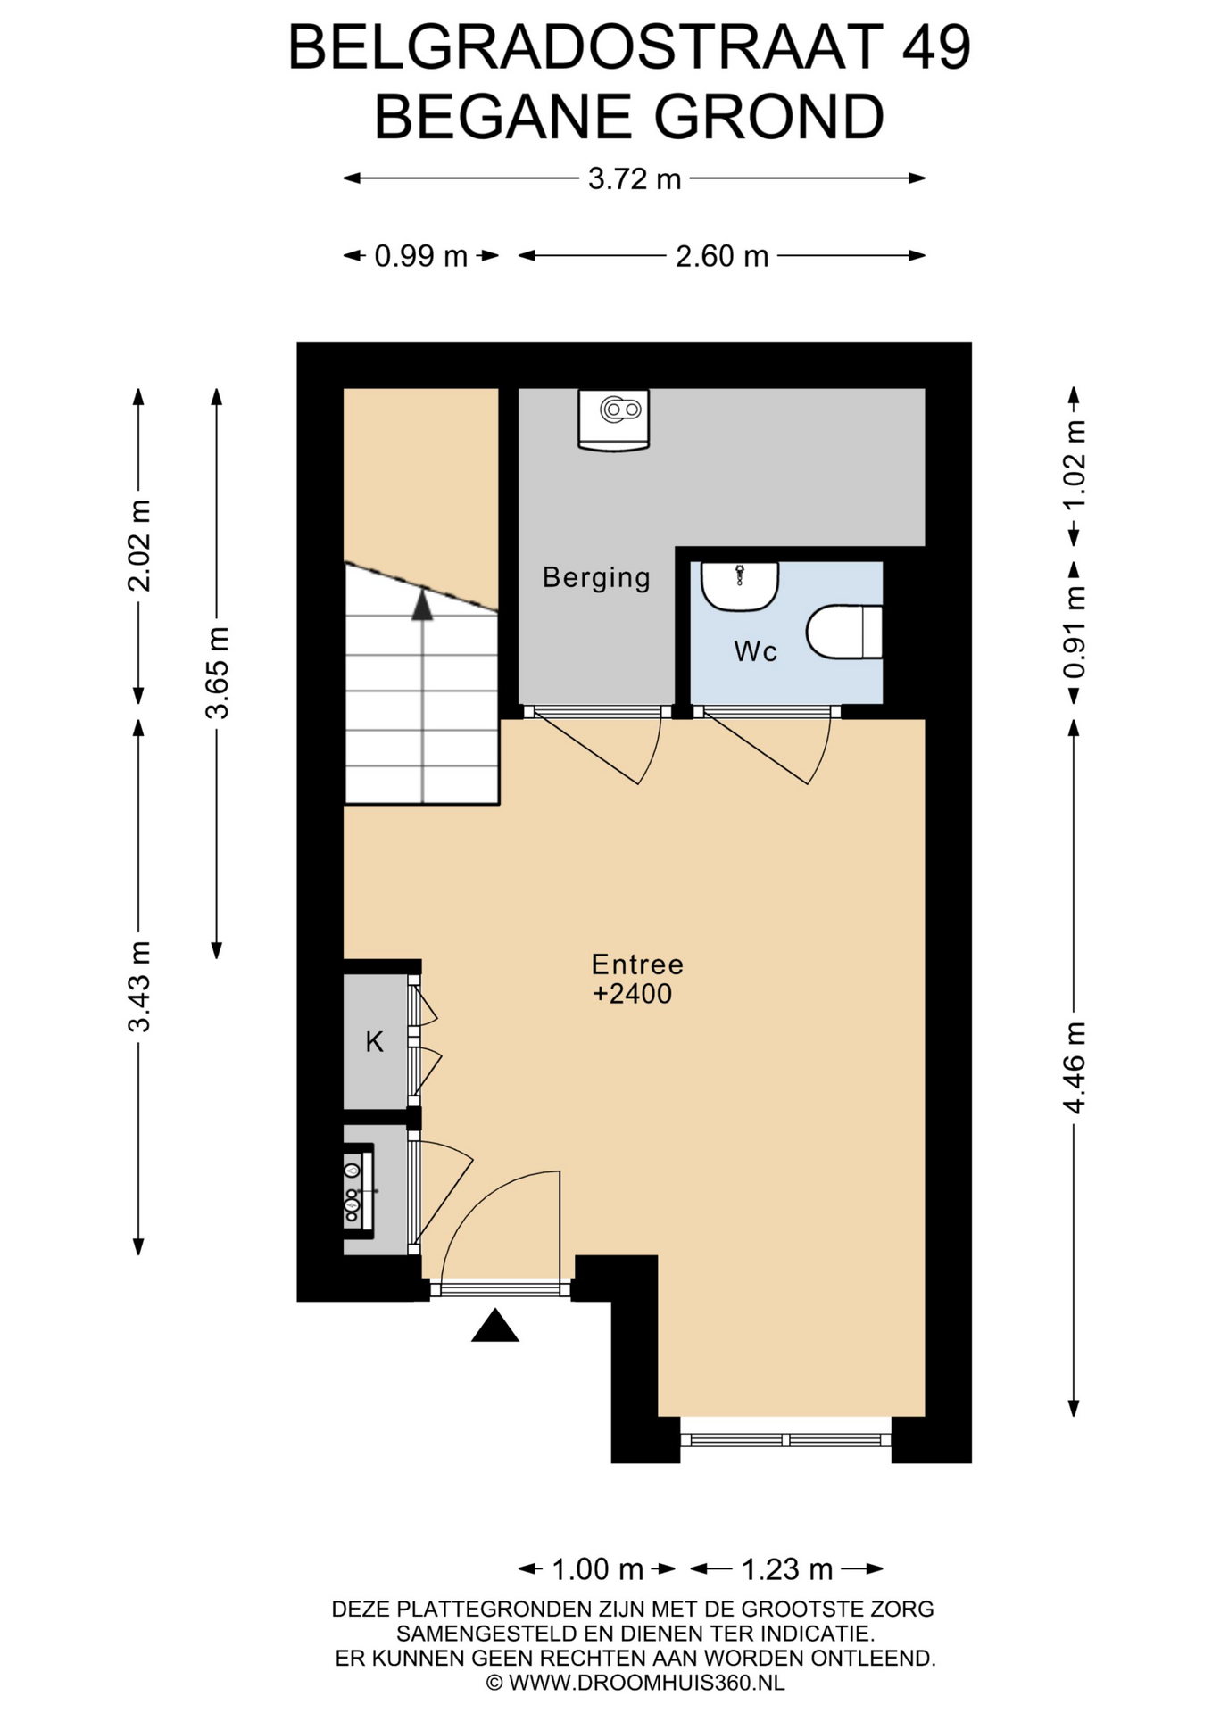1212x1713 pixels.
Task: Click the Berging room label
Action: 596,577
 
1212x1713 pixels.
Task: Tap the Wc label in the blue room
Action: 755,651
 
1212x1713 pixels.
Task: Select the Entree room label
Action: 637,964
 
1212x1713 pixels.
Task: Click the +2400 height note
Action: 633,994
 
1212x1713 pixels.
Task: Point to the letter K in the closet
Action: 375,1041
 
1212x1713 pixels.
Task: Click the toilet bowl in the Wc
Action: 844,632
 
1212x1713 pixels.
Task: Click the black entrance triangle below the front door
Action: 495,1326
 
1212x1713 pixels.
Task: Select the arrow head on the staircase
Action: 422,606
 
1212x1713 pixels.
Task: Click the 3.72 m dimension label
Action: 635,179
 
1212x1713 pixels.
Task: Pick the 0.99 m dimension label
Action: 420,256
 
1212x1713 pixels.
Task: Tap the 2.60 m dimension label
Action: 722,256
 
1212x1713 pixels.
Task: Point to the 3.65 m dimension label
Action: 217,672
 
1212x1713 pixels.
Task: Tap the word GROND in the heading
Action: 768,117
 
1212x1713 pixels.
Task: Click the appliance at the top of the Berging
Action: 614,419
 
